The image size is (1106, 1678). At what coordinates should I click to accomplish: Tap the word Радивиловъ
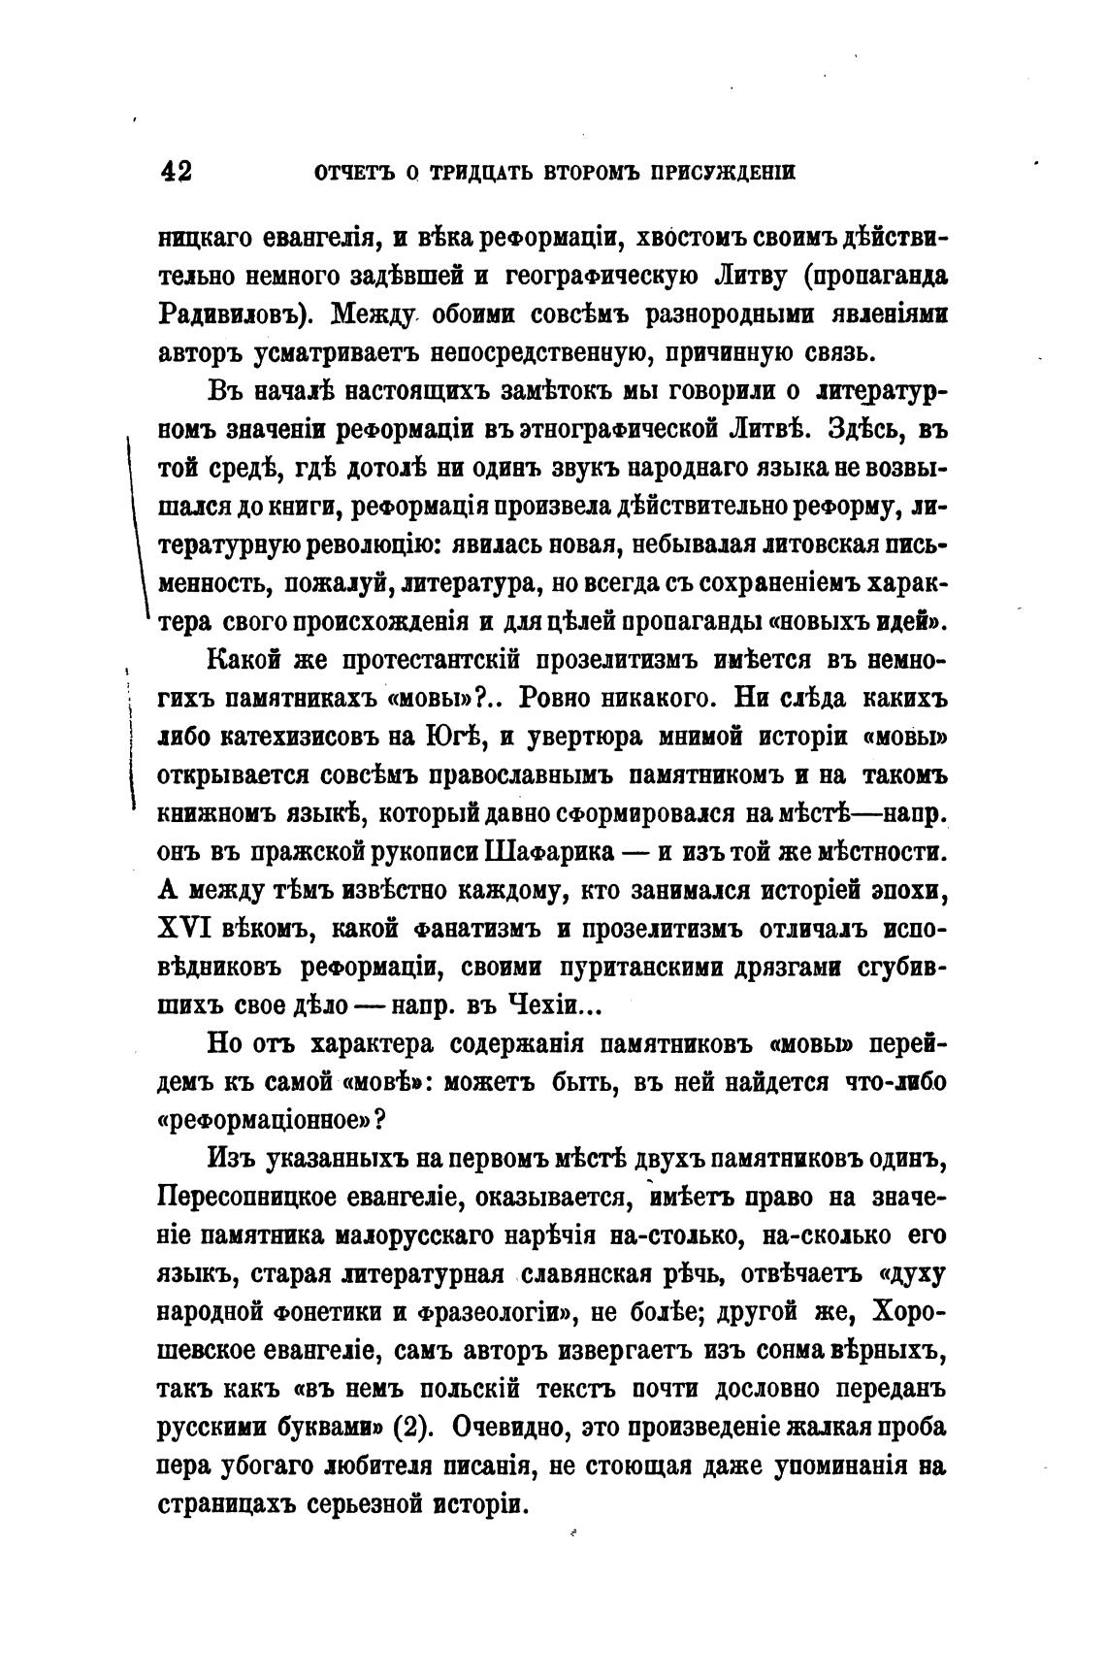click(x=234, y=315)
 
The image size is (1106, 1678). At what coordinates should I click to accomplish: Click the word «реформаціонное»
click(x=263, y=1118)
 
